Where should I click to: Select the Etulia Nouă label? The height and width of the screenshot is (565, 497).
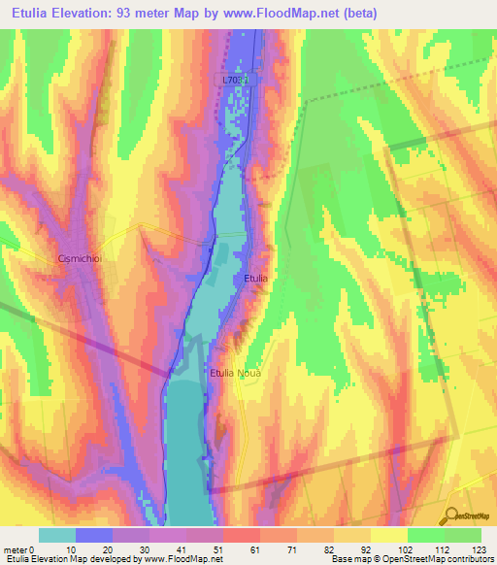(x=236, y=371)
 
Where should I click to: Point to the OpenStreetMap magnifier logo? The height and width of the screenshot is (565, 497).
(x=453, y=515)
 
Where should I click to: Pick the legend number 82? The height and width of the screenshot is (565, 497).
(x=333, y=548)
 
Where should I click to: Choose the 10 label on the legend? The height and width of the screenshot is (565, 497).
(x=76, y=548)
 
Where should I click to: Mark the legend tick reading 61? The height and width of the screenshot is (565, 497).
(x=259, y=548)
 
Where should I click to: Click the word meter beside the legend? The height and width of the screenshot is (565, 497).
(x=16, y=548)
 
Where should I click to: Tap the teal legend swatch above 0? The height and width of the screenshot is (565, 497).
(x=57, y=535)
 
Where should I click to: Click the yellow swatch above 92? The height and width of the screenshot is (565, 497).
(x=389, y=535)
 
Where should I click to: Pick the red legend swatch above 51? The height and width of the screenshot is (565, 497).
(x=242, y=535)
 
